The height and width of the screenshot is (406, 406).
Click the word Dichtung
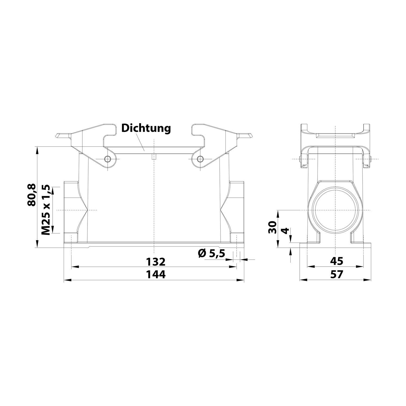tap(146, 128)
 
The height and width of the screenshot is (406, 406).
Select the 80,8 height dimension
tap(31, 195)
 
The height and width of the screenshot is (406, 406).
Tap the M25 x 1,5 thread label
tap(46, 210)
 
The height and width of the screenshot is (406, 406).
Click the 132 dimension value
tap(156, 262)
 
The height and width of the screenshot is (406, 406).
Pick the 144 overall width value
tap(156, 274)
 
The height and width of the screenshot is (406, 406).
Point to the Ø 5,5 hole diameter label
tap(211, 254)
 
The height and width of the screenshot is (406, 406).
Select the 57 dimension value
tap(336, 274)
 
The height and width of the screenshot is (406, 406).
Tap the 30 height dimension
tap(273, 227)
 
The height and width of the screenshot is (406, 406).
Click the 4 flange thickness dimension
tap(285, 231)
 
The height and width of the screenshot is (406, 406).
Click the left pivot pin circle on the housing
tap(109, 159)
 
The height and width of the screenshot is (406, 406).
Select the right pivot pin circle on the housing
tap(200, 159)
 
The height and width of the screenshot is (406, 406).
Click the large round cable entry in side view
tap(335, 210)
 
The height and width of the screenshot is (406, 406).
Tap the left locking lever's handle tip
tap(58, 136)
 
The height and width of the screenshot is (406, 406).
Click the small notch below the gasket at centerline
tap(154, 157)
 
